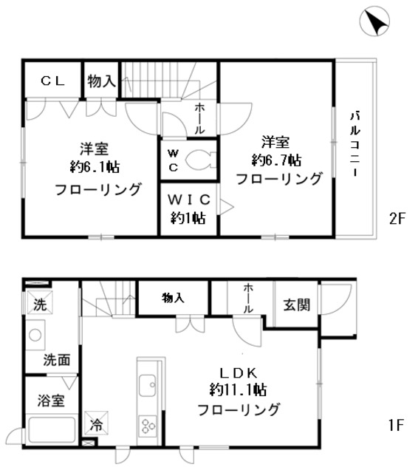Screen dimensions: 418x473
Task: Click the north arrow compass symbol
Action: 374,21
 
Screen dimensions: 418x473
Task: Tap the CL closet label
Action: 53,81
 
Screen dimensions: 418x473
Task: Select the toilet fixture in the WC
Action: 200,160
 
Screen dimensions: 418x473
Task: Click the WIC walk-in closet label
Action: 189,200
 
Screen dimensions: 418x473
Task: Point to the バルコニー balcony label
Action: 355,144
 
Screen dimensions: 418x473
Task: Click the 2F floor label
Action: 397,219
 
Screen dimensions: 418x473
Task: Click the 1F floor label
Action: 396,426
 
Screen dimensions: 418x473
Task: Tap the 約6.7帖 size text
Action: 277,160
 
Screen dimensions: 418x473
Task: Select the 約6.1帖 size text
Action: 95,167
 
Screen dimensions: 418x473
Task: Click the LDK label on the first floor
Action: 239,373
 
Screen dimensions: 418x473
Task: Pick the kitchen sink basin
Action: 148,386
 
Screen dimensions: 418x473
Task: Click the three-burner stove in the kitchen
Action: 148,426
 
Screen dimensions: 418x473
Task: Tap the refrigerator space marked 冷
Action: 97,423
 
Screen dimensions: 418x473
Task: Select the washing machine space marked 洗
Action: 39,302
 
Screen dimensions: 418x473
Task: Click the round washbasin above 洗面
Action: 35,335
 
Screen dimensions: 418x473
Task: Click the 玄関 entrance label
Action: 297,305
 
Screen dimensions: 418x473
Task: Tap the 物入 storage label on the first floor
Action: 173,298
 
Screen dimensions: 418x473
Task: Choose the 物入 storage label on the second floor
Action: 102,81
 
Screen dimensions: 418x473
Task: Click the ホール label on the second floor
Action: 199,118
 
